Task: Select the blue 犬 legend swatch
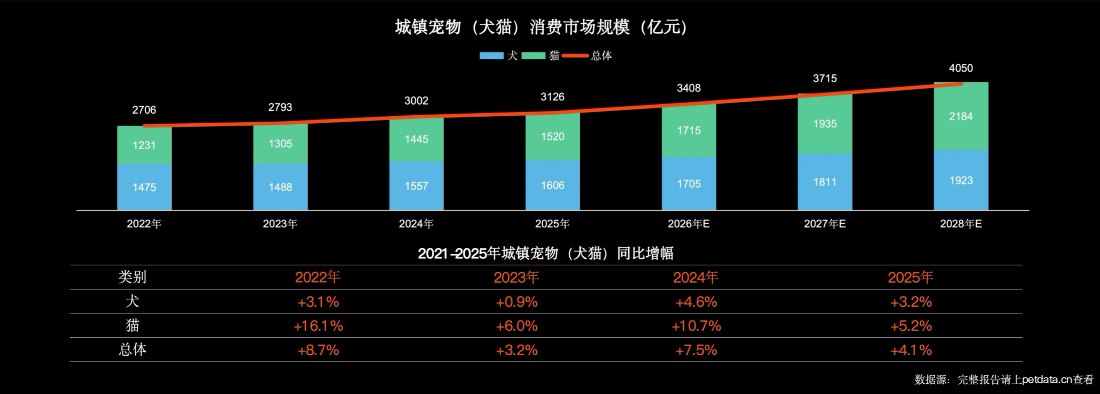pyautogui.click(x=491, y=56)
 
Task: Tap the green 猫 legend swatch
pyautogui.click(x=534, y=56)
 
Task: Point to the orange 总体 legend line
pyautogui.click(x=575, y=56)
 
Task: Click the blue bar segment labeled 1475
pyautogui.click(x=144, y=187)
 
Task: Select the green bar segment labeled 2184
pyautogui.click(x=961, y=116)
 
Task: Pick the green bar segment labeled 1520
pyautogui.click(x=553, y=137)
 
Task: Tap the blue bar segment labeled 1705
pyautogui.click(x=689, y=183)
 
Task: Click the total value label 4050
pyautogui.click(x=961, y=68)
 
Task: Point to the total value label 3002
pyautogui.click(x=416, y=101)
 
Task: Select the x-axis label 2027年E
pyautogui.click(x=825, y=224)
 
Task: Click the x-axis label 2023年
pyautogui.click(x=280, y=224)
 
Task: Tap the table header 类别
pyautogui.click(x=133, y=277)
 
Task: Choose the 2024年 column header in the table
pyautogui.click(x=696, y=278)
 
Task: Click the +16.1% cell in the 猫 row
pyautogui.click(x=318, y=326)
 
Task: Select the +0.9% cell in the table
pyautogui.click(x=517, y=302)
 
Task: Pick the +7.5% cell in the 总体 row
pyautogui.click(x=696, y=350)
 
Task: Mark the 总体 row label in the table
pyautogui.click(x=133, y=350)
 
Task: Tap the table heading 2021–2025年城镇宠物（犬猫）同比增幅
pyautogui.click(x=545, y=253)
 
